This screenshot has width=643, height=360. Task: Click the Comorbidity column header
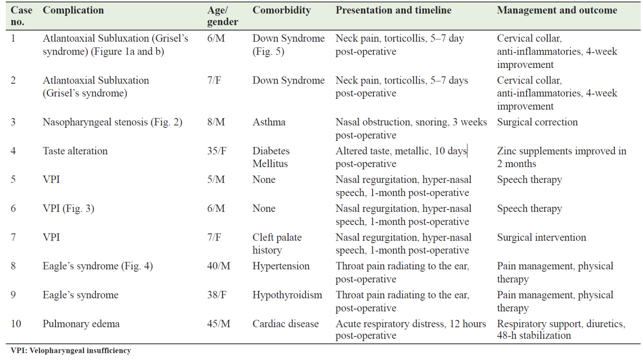[x=281, y=10]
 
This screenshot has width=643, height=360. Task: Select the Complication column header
[x=73, y=10]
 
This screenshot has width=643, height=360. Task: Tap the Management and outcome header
[x=557, y=10]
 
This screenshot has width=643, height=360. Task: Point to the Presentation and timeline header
[x=393, y=10]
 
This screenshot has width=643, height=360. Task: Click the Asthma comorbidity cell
[x=269, y=122]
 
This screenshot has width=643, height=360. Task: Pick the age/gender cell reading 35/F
[x=217, y=151]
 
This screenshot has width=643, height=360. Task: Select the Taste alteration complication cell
[x=75, y=151]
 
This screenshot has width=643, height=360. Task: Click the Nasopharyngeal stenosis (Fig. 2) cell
[x=113, y=122]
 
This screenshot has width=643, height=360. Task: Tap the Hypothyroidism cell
[x=287, y=295]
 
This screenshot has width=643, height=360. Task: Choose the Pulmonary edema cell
[x=81, y=324]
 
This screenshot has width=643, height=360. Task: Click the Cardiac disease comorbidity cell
[x=285, y=324]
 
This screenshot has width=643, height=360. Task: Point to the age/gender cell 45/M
[x=219, y=324]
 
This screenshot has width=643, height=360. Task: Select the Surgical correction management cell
[x=537, y=122]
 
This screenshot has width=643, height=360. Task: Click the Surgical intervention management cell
[x=541, y=238]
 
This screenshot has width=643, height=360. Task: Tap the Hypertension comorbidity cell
[x=281, y=266]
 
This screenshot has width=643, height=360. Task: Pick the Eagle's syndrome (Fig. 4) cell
[x=98, y=266]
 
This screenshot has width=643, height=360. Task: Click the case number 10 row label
[x=16, y=324]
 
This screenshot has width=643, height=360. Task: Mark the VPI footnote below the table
[x=71, y=350]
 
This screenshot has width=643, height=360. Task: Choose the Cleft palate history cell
[x=277, y=244]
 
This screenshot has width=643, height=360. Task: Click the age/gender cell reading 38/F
[x=217, y=295]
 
